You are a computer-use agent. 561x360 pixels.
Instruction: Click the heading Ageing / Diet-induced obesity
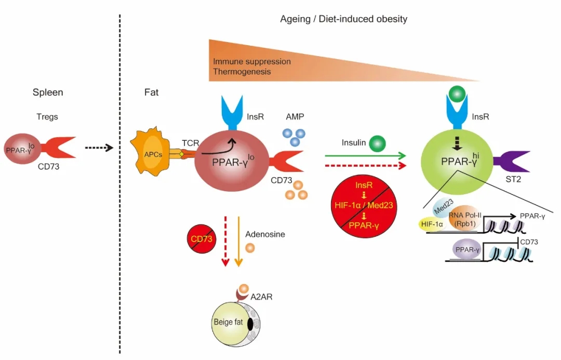[x=343, y=19]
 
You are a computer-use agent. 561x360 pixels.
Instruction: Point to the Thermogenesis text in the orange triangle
[x=242, y=72]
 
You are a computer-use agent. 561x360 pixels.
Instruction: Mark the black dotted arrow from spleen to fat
[x=99, y=148]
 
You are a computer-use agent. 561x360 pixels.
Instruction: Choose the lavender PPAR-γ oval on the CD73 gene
[x=468, y=250]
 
